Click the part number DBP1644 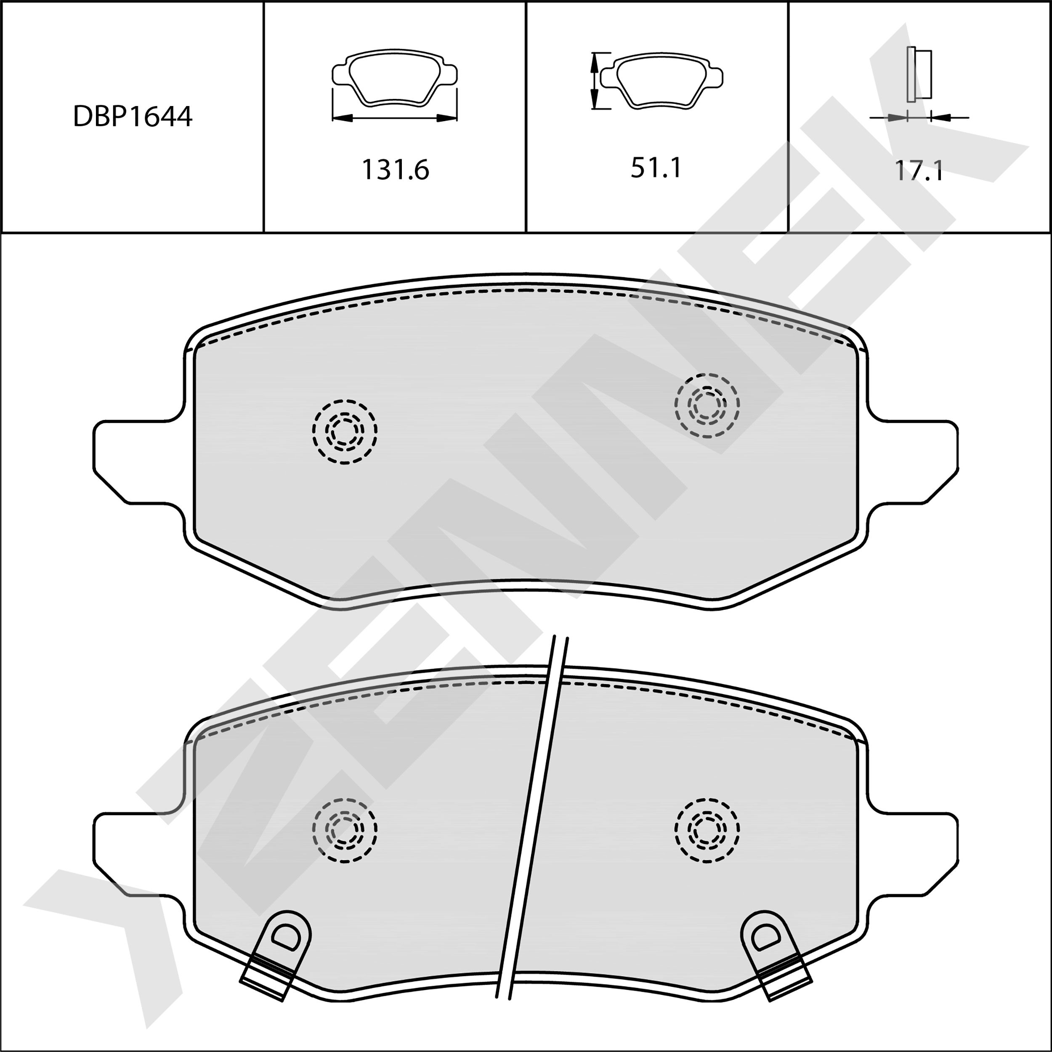pos(132,117)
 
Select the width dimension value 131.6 pos(395,170)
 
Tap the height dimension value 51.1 pos(656,168)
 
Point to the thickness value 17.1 pos(919,171)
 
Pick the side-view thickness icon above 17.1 pos(919,74)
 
